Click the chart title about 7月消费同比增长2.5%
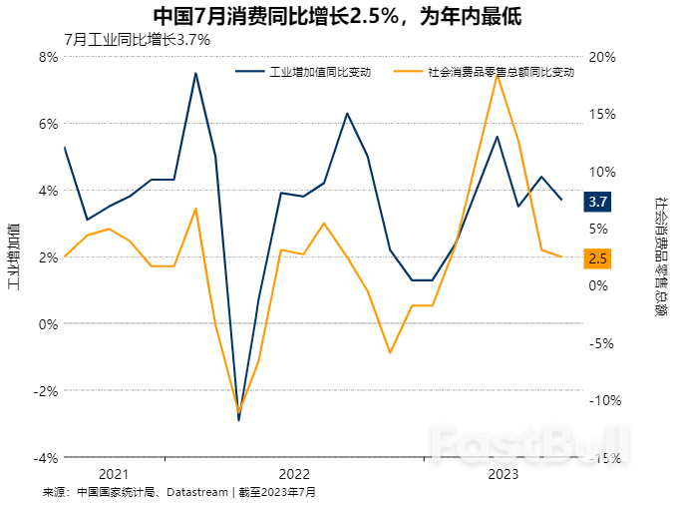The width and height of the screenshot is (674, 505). coord(337,16)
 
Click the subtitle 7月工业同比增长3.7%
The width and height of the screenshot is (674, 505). coord(137,40)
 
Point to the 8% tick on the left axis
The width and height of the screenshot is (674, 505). coord(48,57)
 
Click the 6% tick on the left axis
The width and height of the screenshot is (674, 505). coord(48,124)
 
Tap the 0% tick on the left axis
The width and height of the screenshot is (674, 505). coord(48,324)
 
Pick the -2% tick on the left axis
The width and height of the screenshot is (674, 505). coord(46,391)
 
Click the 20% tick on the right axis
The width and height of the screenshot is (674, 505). coord(603,57)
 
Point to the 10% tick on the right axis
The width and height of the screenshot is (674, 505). coord(603,172)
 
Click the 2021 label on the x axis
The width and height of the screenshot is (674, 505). coord(115,474)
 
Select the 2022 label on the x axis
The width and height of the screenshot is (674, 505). coord(294,474)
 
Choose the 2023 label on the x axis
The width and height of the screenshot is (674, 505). coord(502,474)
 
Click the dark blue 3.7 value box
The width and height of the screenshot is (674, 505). coord(598,203)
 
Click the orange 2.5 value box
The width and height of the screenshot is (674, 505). coord(598,258)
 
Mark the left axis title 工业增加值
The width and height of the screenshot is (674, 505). coord(13,256)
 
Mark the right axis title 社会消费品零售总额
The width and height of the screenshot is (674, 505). coord(660,256)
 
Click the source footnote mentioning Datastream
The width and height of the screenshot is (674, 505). coord(179,492)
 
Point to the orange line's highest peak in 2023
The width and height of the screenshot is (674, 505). coord(497,74)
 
